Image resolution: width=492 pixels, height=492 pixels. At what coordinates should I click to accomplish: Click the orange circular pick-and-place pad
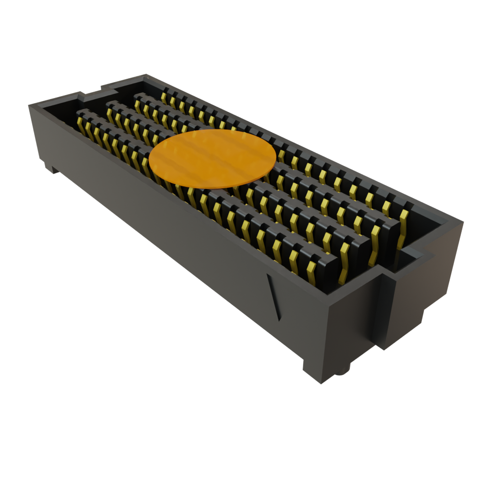pos(212,158)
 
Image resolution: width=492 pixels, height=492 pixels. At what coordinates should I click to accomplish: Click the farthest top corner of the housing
pos(145,75)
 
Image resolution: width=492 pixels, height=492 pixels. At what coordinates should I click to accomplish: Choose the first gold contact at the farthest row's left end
pos(164,97)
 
